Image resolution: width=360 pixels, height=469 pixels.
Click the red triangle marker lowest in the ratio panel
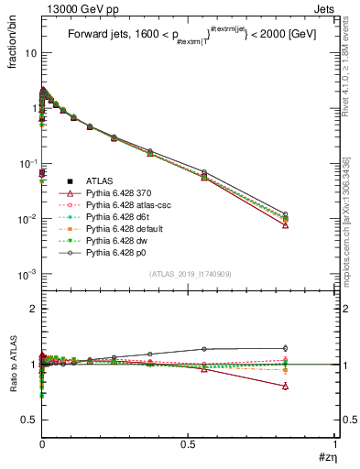coord(286,387)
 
